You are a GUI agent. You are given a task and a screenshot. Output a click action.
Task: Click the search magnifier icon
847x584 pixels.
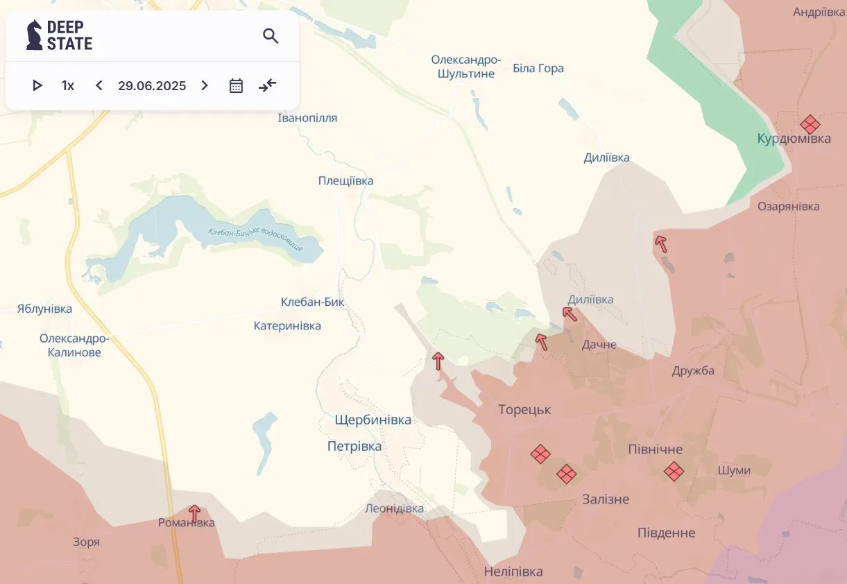271,36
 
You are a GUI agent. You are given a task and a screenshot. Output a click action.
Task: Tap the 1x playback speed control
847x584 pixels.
67,86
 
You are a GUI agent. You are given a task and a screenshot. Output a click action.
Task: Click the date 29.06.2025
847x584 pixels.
152,86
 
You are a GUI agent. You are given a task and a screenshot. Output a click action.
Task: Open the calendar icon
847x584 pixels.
236,86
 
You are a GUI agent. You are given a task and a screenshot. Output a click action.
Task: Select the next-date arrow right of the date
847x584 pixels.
205,86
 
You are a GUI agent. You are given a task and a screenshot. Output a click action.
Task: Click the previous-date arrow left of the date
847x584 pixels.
99,86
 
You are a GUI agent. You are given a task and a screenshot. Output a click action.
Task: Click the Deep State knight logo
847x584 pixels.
34,35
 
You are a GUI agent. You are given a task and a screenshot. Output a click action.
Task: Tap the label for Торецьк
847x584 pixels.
524,410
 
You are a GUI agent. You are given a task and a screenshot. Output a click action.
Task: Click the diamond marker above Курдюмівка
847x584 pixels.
810,125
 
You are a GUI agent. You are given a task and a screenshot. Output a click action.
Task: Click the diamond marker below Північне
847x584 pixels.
674,472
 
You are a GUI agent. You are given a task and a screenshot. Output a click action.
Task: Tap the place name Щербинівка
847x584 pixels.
373,420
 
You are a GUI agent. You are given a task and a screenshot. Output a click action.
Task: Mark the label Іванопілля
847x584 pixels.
307,118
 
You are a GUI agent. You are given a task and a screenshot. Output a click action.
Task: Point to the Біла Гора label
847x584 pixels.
538,68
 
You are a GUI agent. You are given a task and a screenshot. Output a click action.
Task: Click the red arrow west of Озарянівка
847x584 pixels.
661,243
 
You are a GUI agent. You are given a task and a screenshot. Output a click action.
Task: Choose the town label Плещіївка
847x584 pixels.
345,181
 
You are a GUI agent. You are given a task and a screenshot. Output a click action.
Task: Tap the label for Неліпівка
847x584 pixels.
513,572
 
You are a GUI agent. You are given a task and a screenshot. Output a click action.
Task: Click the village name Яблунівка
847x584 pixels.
44,309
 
